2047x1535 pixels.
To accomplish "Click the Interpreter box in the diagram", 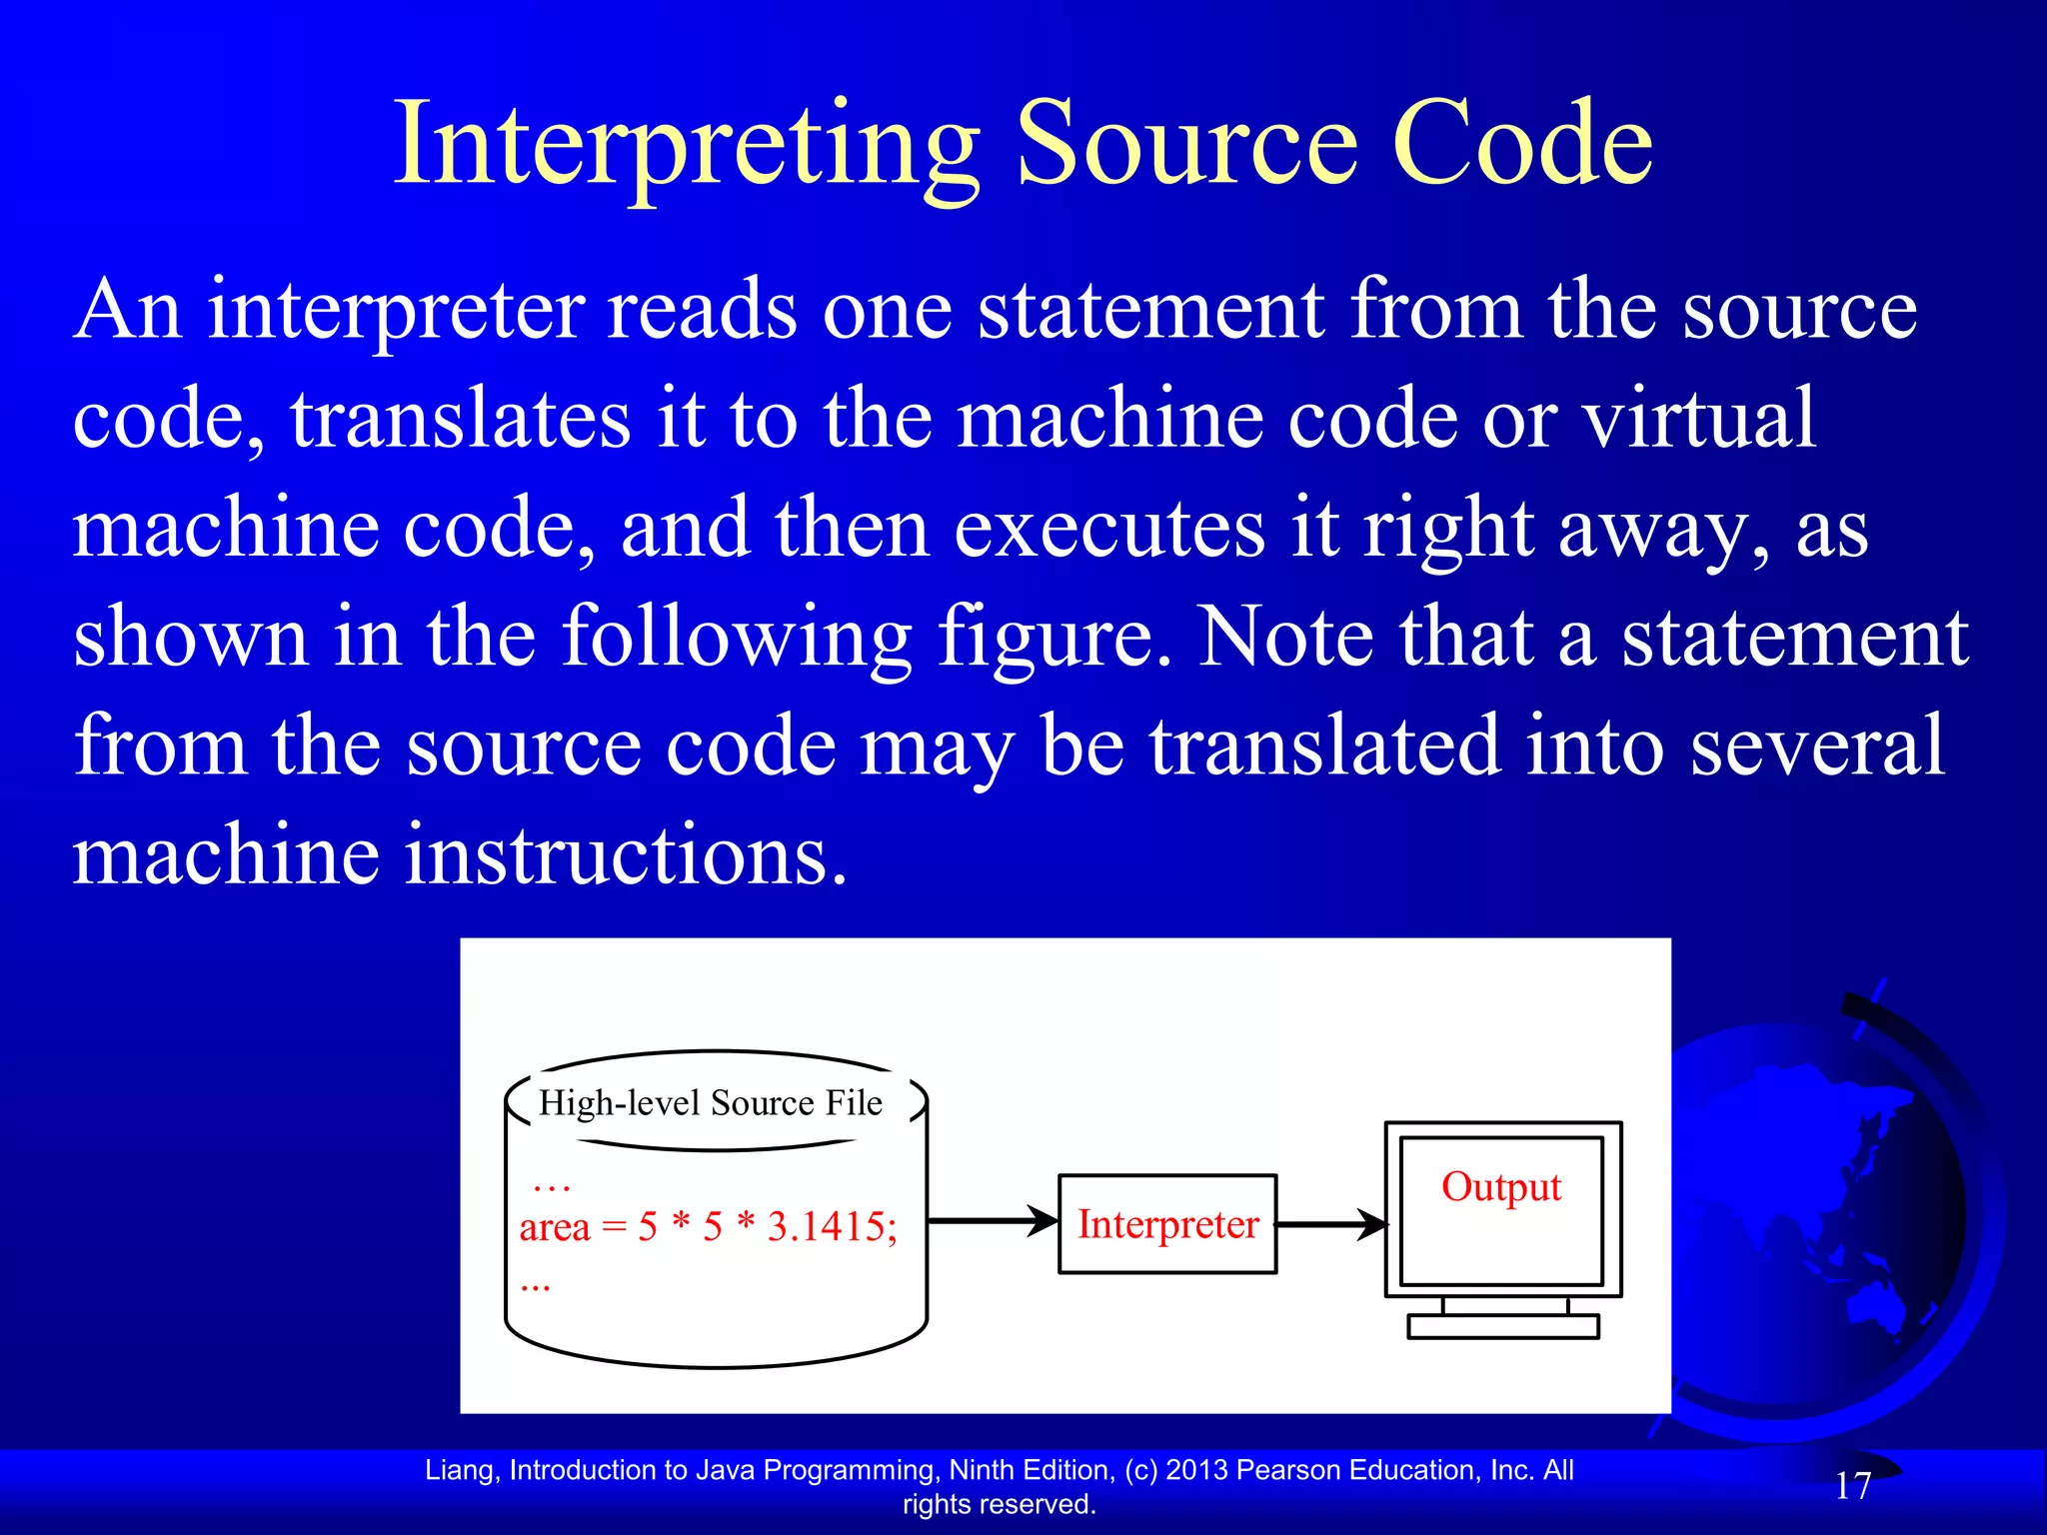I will coord(1167,1224).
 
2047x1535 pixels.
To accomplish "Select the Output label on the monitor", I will coord(1501,1187).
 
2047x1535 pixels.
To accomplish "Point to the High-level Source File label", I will coord(711,1102).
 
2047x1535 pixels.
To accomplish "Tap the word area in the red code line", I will coord(555,1228).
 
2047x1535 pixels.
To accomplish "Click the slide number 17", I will coord(1852,1486).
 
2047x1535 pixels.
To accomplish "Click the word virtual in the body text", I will coord(1698,418).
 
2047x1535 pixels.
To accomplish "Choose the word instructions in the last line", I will coord(627,854).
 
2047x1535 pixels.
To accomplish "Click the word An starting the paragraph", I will coord(127,309).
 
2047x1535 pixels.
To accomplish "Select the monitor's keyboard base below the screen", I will coord(1502,1326).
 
